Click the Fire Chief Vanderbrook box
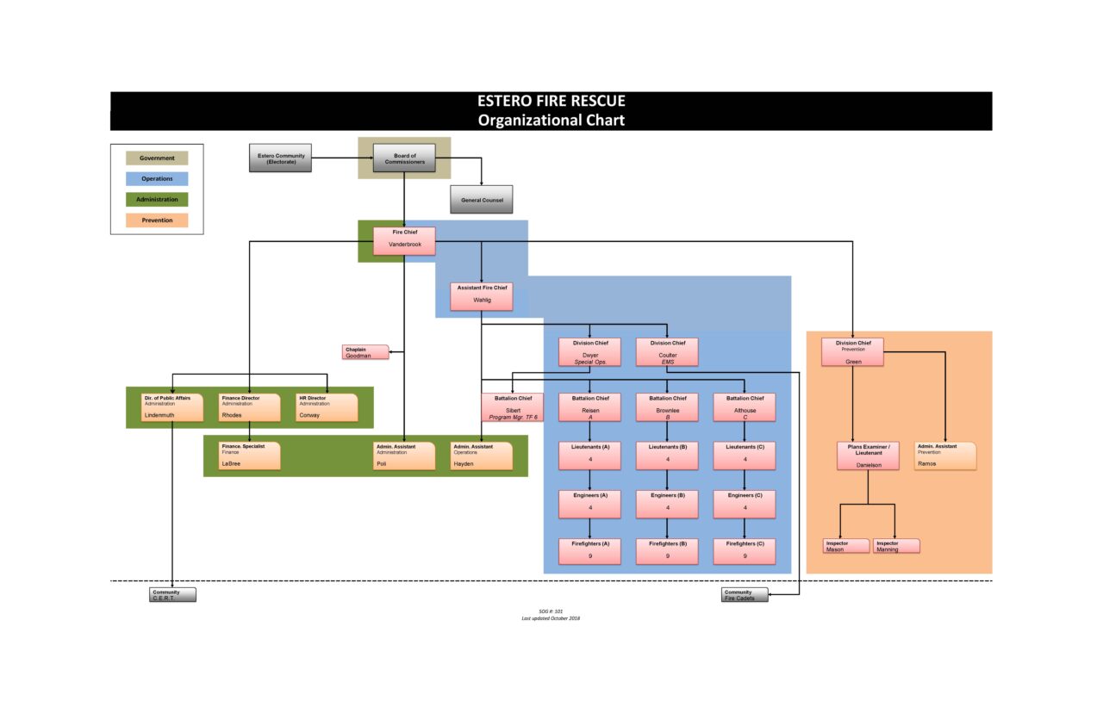[x=404, y=240]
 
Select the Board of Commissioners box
[x=404, y=158]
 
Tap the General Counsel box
[x=481, y=200]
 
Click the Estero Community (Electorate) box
[x=280, y=158]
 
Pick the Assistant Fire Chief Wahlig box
[x=482, y=296]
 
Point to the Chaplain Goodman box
[x=365, y=352]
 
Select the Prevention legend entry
[x=157, y=220]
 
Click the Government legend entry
[x=157, y=158]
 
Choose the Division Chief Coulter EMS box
[x=667, y=352]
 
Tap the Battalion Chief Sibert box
[x=513, y=407]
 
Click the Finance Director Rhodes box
[x=250, y=407]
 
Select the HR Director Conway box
[x=327, y=407]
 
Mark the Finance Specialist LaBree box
[x=250, y=456]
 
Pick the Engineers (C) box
[x=745, y=504]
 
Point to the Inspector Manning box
[x=896, y=546]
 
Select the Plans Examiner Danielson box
[x=868, y=456]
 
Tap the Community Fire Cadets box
[x=745, y=595]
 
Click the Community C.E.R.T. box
[x=172, y=595]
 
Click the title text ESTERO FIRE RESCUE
[x=551, y=102]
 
